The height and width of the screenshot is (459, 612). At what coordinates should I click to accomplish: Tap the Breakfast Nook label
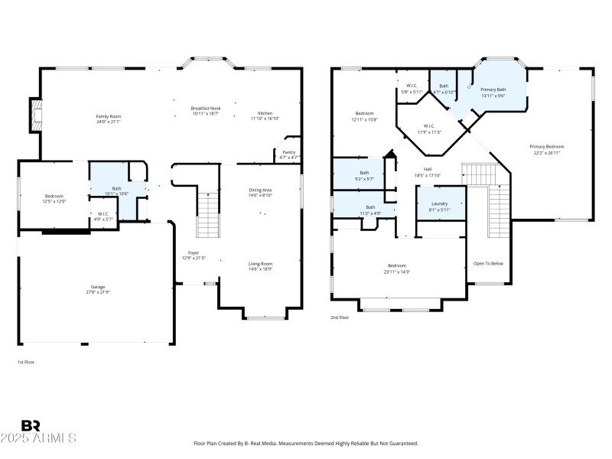pos(205,109)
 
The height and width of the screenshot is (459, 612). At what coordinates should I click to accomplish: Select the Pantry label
pos(288,152)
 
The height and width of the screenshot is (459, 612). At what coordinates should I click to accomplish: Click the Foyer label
pos(194,253)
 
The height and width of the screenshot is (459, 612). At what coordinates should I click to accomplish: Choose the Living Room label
pos(260,264)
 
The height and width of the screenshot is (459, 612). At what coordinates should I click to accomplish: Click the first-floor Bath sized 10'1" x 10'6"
pos(116,188)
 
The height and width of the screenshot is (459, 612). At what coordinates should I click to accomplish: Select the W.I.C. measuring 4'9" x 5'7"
pos(103,214)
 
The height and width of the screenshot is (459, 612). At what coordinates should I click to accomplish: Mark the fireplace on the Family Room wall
pos(35,115)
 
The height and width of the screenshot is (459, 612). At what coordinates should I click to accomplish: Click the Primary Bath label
pos(493,90)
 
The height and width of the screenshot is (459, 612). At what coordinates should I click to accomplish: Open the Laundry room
pos(439,203)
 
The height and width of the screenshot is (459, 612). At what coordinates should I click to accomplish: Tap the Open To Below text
pos(488,263)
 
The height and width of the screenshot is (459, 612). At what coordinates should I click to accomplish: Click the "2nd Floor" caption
pos(340,317)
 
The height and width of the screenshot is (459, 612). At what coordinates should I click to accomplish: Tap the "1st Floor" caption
pos(26,362)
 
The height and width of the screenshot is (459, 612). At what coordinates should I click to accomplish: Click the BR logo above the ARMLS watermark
pos(31,425)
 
